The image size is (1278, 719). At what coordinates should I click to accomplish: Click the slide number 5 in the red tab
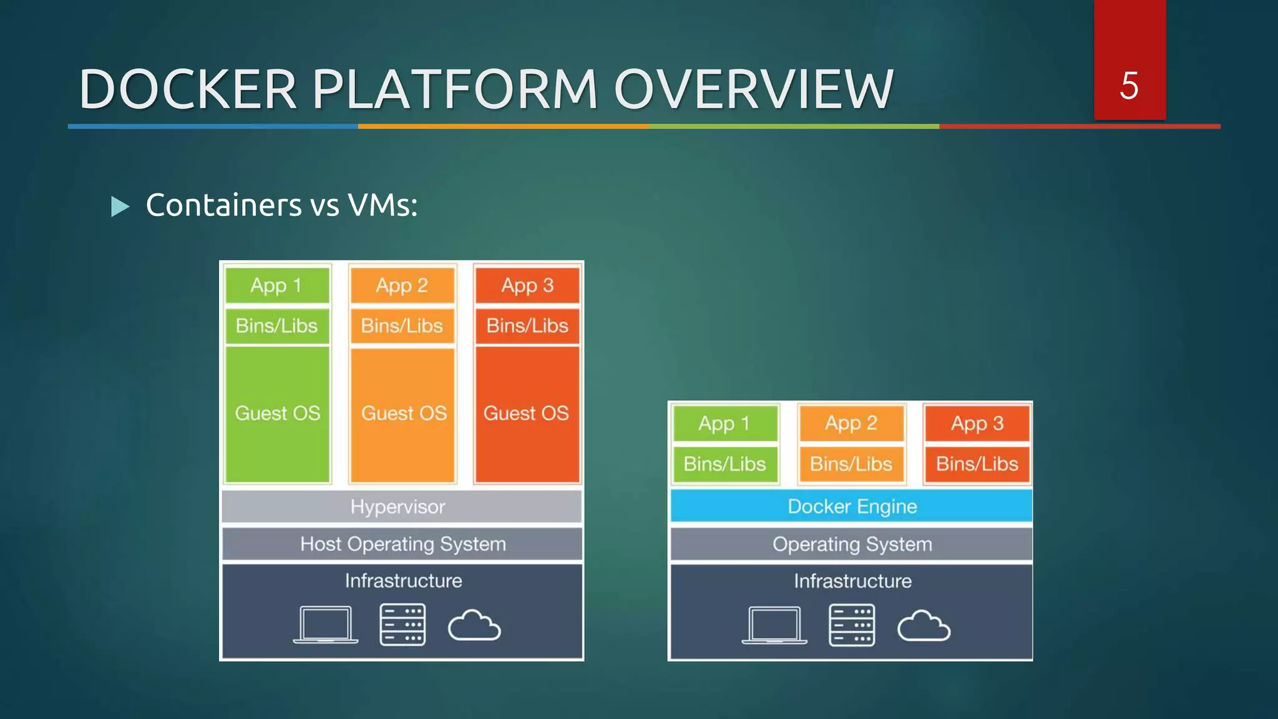[1129, 86]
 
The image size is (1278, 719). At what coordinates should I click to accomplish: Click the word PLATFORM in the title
[455, 89]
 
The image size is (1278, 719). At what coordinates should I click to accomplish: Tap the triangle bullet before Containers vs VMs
[120, 206]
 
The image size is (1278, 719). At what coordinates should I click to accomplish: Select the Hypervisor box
[401, 506]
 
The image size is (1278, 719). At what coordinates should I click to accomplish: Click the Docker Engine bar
[851, 506]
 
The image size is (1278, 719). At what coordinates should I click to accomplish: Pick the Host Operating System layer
[402, 544]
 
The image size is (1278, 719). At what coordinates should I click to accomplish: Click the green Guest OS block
[277, 414]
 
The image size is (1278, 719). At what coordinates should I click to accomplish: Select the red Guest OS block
[527, 414]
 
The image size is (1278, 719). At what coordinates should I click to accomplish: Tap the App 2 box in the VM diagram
[402, 285]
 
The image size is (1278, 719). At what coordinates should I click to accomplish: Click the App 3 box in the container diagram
[977, 424]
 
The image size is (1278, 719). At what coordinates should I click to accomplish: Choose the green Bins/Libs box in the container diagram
[724, 464]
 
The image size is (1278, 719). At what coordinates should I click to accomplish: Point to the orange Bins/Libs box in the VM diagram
[402, 326]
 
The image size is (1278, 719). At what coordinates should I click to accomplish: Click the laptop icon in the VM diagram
[325, 624]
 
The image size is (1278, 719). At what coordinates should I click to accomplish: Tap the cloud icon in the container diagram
[924, 627]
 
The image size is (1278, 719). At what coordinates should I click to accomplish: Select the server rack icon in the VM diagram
[402, 624]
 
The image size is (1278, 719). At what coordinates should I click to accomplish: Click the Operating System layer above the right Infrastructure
[851, 544]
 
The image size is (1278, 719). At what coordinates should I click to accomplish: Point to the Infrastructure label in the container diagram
[852, 581]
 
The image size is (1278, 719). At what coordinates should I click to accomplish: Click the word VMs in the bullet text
[382, 205]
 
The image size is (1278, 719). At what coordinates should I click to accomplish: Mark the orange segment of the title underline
[503, 126]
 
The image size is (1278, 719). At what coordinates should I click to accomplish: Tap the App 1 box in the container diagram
[724, 424]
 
